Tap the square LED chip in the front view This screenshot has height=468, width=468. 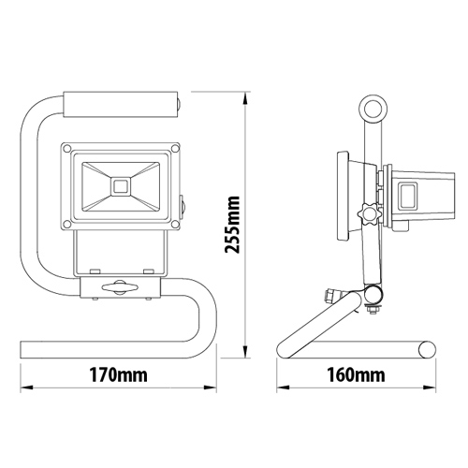119,186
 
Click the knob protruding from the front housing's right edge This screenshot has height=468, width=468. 182,202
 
